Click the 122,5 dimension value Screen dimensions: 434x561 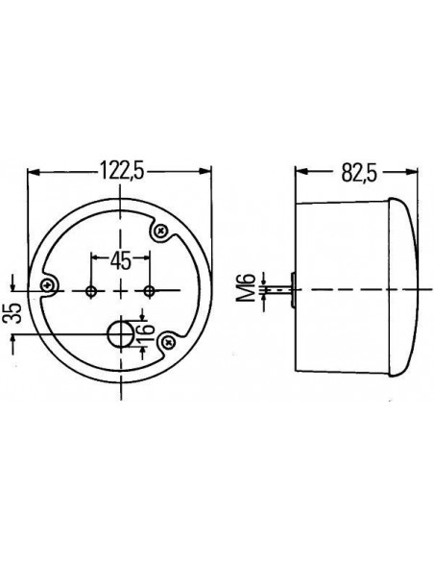(122, 170)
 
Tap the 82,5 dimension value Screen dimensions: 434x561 (359, 172)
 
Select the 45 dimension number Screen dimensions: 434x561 (120, 260)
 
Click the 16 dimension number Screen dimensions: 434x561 (146, 332)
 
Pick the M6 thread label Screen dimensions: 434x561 (247, 287)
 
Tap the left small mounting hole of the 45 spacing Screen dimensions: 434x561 (91, 291)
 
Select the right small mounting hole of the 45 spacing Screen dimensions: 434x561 (150, 291)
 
